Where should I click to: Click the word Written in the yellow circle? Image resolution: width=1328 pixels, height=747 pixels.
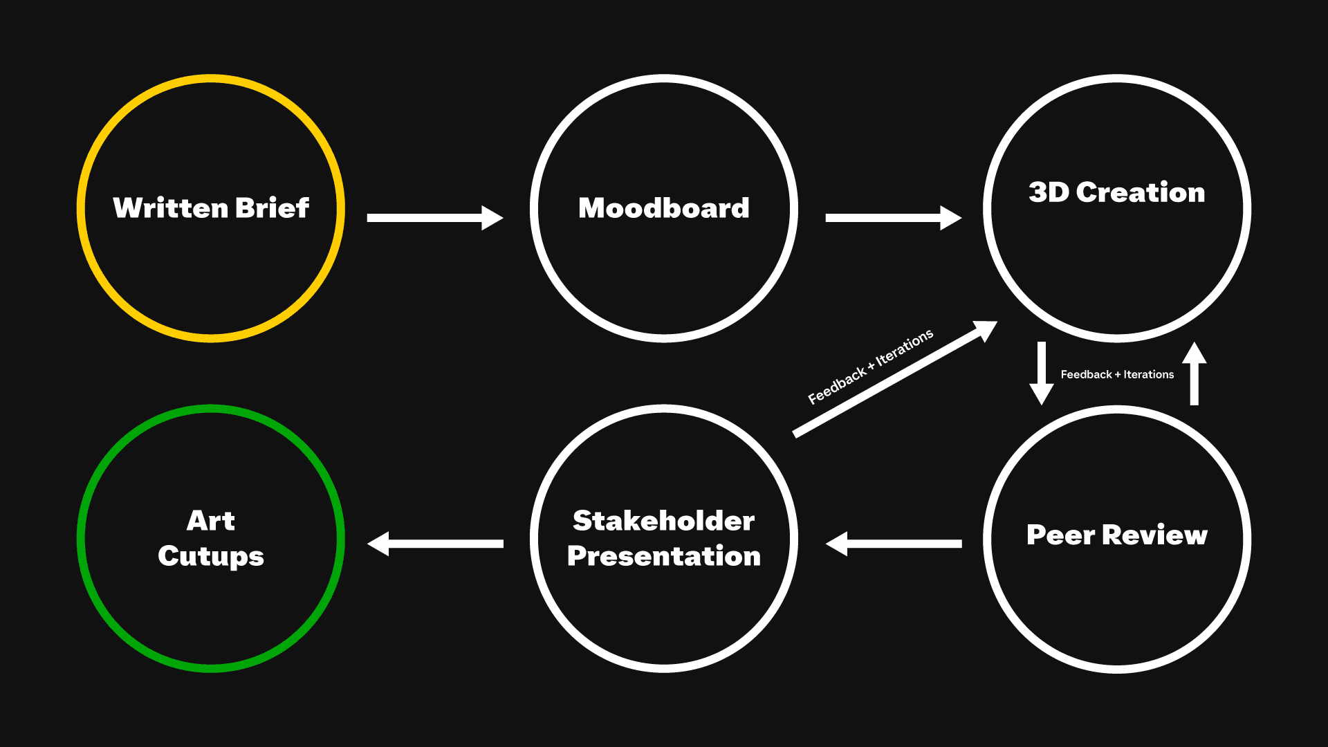[x=170, y=207]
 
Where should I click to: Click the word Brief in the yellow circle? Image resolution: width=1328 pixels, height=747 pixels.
[x=272, y=207]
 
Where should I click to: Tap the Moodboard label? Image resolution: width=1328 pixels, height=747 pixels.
[x=664, y=208]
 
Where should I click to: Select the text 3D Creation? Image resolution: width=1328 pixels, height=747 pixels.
[x=1116, y=192]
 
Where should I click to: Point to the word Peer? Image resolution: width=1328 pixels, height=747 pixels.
[x=1060, y=535]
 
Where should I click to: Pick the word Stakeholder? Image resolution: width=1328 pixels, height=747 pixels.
[x=664, y=521]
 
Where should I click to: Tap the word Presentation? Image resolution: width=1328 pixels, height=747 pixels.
[x=664, y=556]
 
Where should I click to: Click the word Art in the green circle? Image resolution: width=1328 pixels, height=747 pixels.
[x=211, y=520]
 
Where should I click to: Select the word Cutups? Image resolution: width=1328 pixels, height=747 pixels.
[x=211, y=556]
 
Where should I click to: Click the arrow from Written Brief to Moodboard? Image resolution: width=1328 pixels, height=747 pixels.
[x=434, y=218]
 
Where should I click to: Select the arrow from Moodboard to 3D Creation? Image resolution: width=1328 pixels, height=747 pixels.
[x=892, y=218]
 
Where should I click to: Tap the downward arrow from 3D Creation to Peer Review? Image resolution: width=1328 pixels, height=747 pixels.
[x=1041, y=373]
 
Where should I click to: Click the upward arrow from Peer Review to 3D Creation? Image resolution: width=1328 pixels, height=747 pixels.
[x=1194, y=373]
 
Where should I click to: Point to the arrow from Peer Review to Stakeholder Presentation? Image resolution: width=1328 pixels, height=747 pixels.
[x=894, y=544]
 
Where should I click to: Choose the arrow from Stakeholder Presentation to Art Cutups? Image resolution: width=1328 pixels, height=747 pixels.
[x=435, y=544]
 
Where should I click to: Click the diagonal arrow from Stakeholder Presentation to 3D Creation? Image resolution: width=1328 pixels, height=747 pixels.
[x=892, y=381]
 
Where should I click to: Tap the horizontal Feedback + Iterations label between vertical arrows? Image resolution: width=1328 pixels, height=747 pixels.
[x=1117, y=374]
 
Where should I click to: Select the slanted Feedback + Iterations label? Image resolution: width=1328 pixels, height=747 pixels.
[x=870, y=366]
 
